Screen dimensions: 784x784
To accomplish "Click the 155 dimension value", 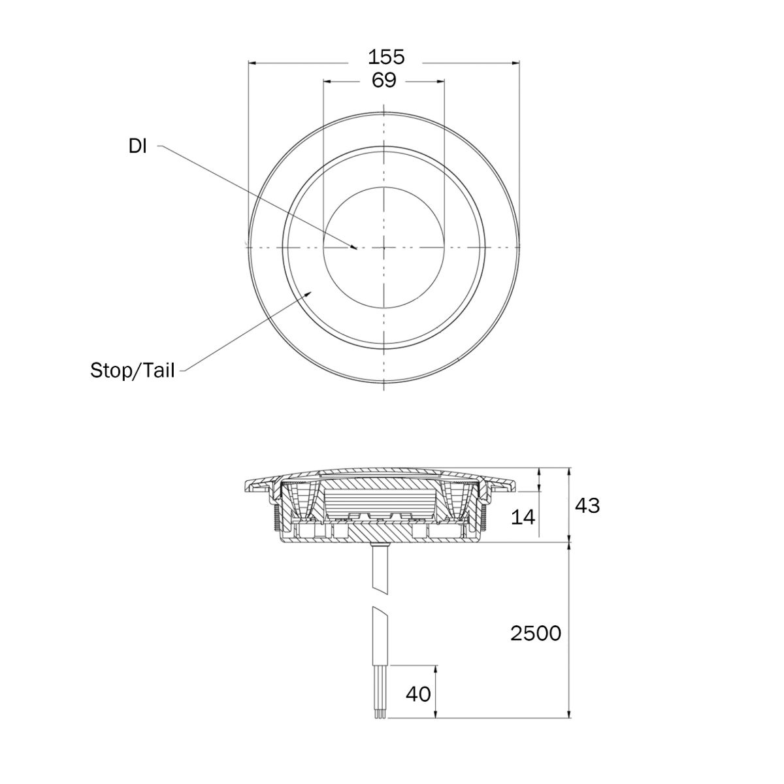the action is tap(385, 57).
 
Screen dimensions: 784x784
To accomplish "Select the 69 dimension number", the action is tap(384, 80).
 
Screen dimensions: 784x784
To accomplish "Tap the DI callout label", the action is tap(137, 146).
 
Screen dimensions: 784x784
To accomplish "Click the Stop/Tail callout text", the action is tap(132, 370).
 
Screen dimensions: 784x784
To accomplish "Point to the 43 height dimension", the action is tap(587, 505).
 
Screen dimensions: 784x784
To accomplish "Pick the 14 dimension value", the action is tap(523, 517).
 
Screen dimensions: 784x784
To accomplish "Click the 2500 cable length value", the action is tap(536, 634).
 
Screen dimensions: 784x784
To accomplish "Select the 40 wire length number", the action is tap(418, 694).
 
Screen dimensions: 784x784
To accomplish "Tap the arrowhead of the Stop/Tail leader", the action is tap(308, 294).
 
